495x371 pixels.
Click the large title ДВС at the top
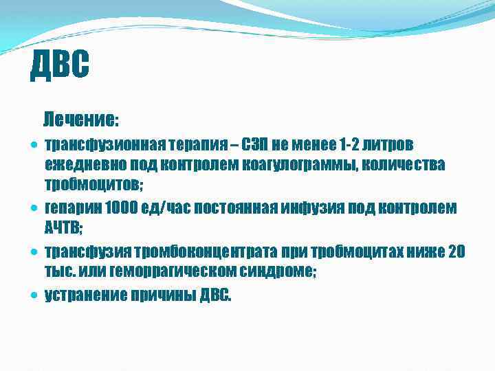click(60, 66)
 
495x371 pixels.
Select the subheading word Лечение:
click(80, 120)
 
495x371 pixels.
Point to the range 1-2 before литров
click(351, 145)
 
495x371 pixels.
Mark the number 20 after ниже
click(456, 251)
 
